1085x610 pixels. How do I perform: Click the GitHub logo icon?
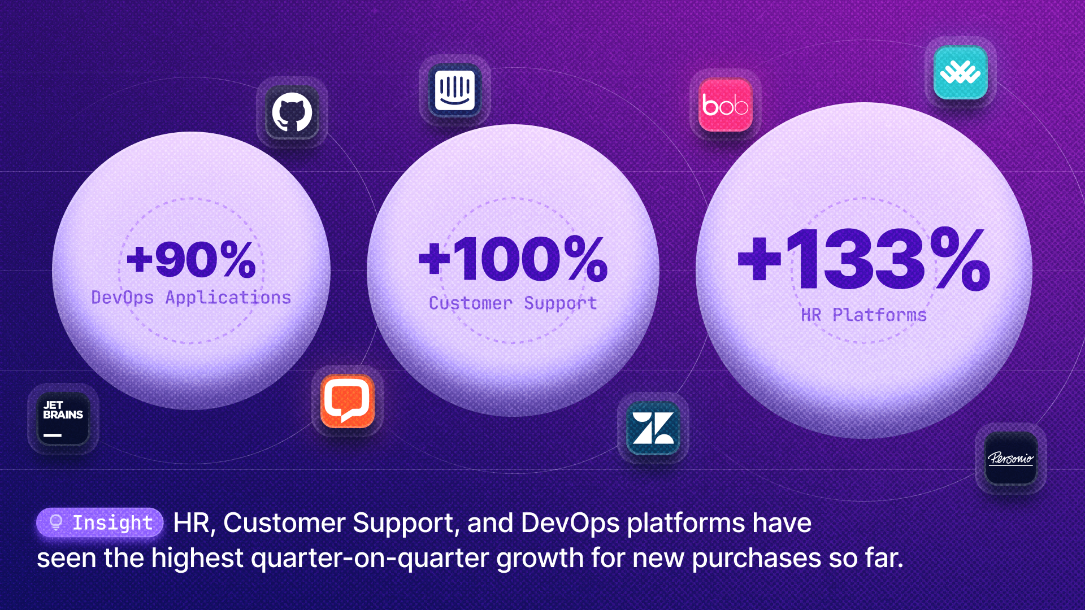click(x=292, y=112)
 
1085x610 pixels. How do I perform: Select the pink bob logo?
click(x=726, y=105)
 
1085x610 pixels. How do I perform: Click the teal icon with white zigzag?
click(x=960, y=72)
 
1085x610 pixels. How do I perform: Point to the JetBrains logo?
click(x=63, y=419)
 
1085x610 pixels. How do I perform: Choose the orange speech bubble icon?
click(x=348, y=401)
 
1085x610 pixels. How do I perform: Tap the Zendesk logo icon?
click(x=653, y=428)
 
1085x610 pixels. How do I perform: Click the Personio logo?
click(x=1011, y=458)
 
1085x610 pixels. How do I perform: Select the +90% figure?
click(x=192, y=260)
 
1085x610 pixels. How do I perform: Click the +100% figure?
click(x=513, y=259)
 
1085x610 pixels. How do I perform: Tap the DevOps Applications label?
click(x=191, y=298)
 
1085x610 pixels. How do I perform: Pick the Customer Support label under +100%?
click(x=513, y=303)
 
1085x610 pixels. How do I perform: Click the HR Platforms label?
click(x=864, y=315)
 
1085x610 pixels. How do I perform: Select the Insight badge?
click(x=100, y=522)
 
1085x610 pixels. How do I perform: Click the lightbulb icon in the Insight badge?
click(x=56, y=522)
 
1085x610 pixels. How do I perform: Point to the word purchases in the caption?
click(x=756, y=558)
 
